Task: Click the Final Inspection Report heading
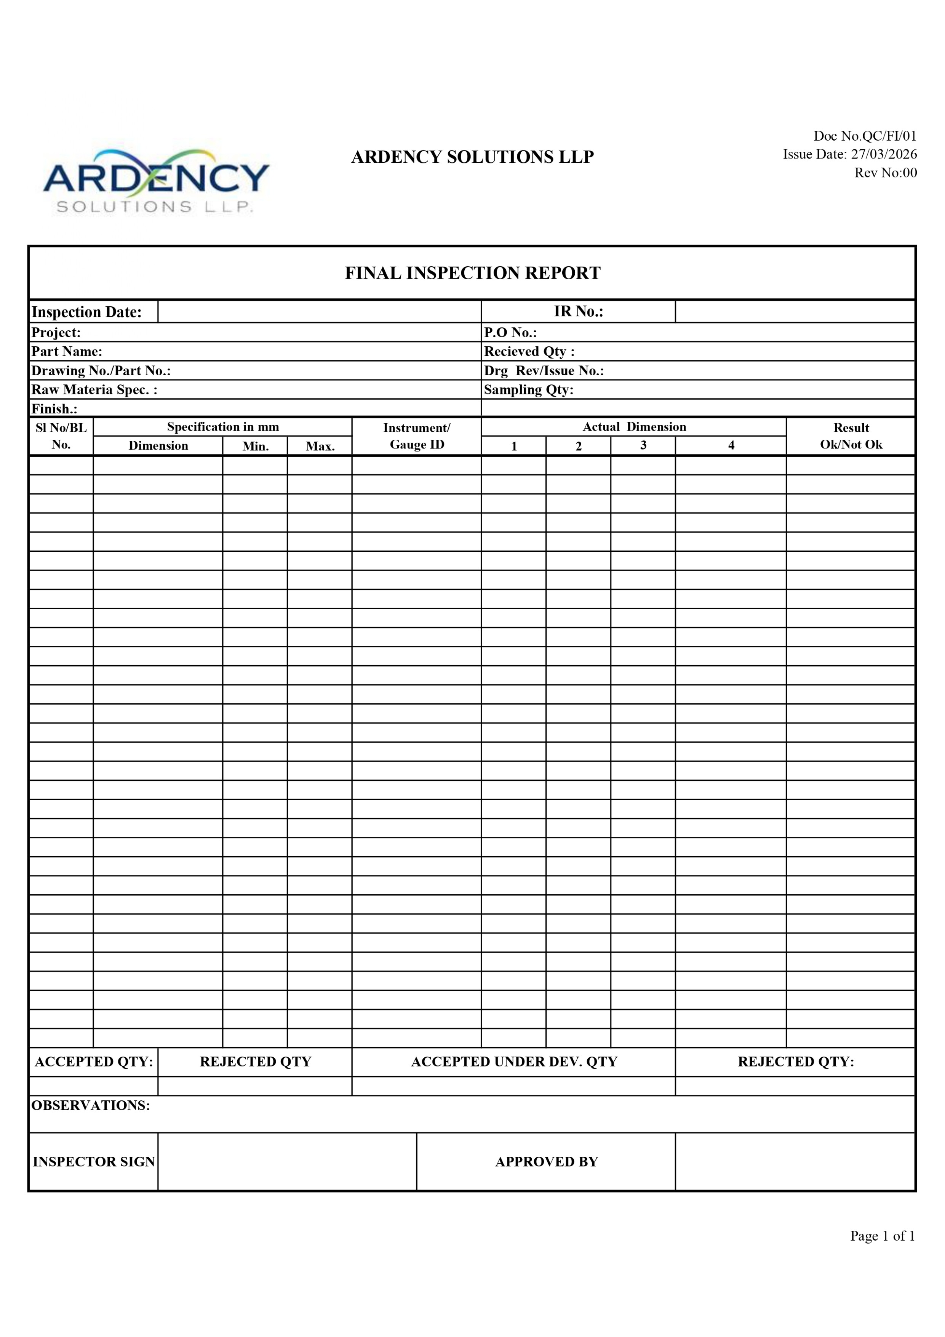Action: click(x=472, y=273)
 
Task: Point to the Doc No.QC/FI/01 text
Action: click(x=865, y=136)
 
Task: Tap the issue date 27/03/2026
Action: click(x=883, y=154)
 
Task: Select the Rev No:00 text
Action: click(x=885, y=173)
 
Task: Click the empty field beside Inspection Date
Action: click(x=319, y=312)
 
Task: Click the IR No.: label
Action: click(x=578, y=312)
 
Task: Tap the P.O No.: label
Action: click(x=510, y=333)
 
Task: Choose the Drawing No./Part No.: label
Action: click(x=101, y=371)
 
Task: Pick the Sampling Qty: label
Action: click(x=528, y=389)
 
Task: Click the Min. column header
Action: click(x=255, y=446)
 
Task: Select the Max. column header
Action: click(x=320, y=446)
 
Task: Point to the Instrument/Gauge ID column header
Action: click(x=416, y=436)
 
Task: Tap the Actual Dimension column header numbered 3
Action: click(x=643, y=445)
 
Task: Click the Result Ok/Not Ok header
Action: click(x=851, y=436)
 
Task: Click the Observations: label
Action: click(x=91, y=1105)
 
